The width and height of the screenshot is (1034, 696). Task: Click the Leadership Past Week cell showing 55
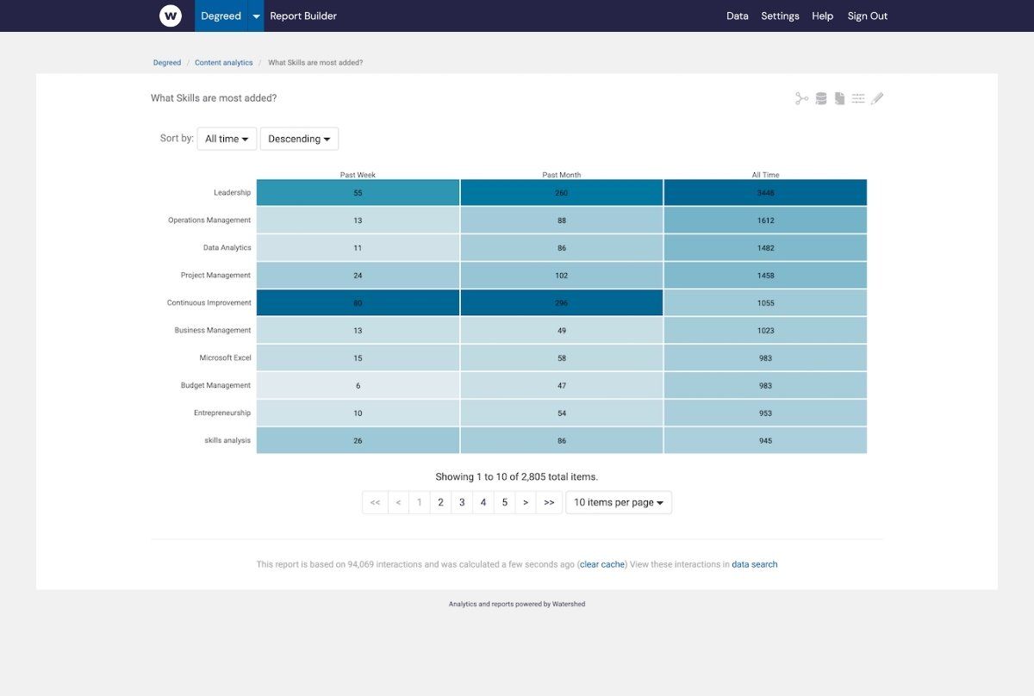[358, 193]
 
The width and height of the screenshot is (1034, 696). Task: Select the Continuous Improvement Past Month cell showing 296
[561, 303]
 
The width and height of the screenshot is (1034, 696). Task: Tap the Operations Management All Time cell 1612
[765, 221]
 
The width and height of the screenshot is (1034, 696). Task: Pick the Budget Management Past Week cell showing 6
[358, 386]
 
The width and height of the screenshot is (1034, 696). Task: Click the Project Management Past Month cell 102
[561, 276]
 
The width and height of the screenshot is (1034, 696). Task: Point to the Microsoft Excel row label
[225, 357]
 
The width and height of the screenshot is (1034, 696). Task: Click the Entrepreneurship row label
[222, 413]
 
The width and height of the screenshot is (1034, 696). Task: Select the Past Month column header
[561, 175]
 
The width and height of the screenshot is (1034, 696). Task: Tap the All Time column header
[765, 175]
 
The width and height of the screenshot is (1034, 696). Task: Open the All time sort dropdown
[227, 139]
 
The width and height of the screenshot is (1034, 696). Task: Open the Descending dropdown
[299, 139]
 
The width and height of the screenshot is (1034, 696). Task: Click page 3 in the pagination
[462, 502]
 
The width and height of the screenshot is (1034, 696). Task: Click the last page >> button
[549, 502]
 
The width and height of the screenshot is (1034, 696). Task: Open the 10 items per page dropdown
[618, 502]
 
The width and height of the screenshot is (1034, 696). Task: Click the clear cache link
[601, 564]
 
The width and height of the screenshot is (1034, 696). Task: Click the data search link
[754, 564]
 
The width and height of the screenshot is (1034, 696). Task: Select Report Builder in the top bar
[303, 16]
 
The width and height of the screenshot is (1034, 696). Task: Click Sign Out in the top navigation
[867, 16]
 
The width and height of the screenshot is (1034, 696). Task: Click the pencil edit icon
[877, 99]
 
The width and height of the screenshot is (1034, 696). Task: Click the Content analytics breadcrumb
[224, 63]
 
